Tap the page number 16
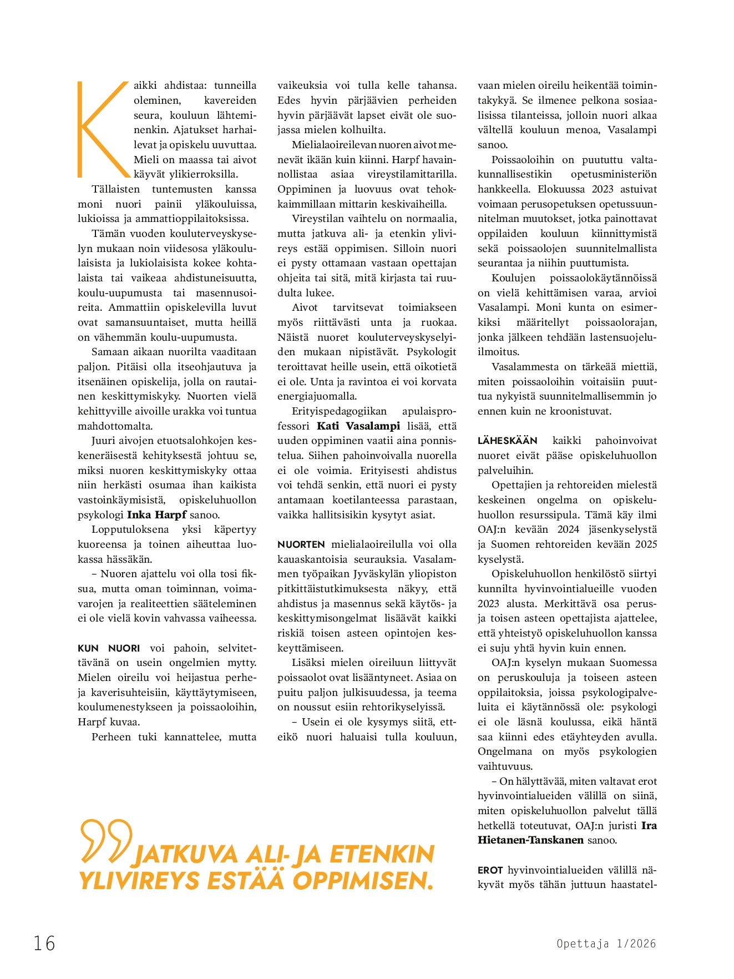click(x=44, y=943)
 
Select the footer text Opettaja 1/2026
click(x=606, y=943)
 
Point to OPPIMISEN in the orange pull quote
click(x=363, y=881)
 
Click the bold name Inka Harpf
click(x=157, y=514)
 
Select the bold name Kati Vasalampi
click(x=358, y=426)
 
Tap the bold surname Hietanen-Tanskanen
click(x=530, y=840)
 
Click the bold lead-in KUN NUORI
click(x=109, y=648)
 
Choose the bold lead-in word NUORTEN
click(x=301, y=544)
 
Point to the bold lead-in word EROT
click(x=490, y=870)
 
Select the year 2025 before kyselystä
click(x=646, y=544)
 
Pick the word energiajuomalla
click(x=317, y=396)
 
